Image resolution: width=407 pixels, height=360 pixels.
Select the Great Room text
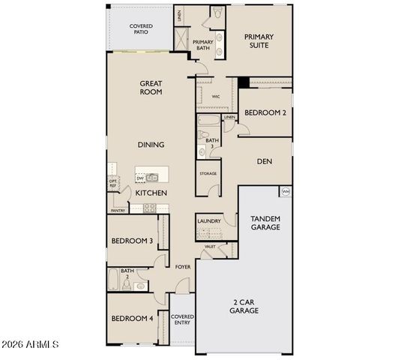coord(151,88)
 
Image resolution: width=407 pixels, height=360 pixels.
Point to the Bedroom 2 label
coord(265,112)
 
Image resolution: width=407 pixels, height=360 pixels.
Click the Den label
coord(264,161)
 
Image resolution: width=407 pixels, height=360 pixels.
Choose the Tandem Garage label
coord(265,223)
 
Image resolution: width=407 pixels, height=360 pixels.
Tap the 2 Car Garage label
coord(244,306)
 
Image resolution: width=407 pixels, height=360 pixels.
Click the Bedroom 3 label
coord(132,241)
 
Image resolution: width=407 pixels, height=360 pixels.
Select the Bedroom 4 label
coord(132,319)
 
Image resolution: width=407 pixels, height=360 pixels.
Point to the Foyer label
coord(183,267)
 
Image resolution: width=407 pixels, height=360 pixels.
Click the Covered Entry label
coord(183,320)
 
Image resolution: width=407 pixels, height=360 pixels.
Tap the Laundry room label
coord(209,221)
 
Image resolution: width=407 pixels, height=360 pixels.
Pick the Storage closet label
coord(208,174)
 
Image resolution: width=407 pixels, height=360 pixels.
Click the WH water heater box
coord(285,191)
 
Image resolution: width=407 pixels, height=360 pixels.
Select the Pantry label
coord(118,211)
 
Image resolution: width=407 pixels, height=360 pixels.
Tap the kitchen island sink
coord(153,178)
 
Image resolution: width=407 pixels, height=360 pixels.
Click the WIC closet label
coord(215,97)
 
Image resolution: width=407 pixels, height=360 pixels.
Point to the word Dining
coord(151,145)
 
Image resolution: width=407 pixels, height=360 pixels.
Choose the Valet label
coord(211,246)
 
